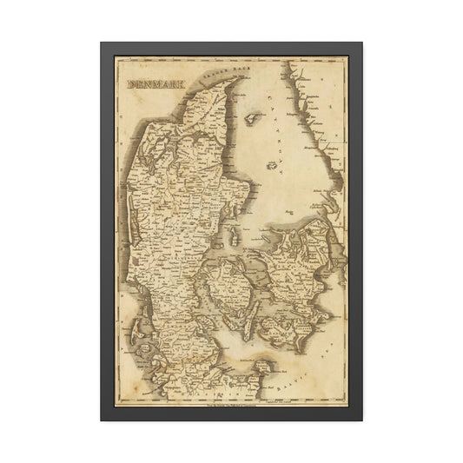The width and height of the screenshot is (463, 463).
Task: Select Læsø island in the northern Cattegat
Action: tap(253, 116)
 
